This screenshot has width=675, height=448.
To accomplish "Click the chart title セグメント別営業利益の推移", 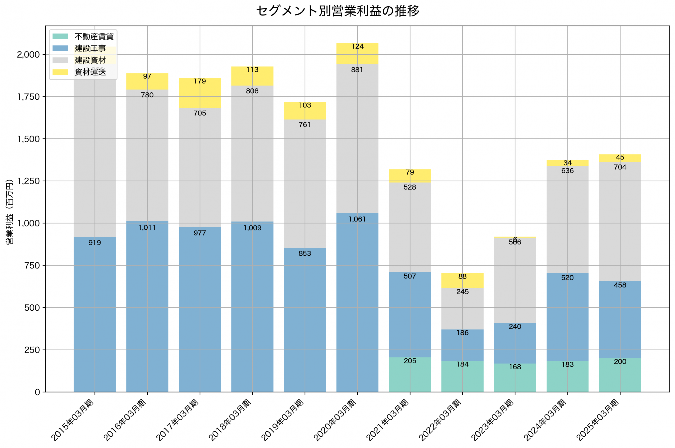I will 337,11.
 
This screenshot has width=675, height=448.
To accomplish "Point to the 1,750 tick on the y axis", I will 28,97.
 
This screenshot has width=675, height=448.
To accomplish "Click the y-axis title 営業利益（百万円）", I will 9,212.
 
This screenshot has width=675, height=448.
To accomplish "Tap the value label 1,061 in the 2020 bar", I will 357,219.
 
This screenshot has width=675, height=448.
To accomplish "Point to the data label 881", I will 357,70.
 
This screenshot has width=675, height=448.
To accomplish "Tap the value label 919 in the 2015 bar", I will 95,243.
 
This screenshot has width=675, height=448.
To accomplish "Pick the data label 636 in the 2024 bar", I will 567,171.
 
